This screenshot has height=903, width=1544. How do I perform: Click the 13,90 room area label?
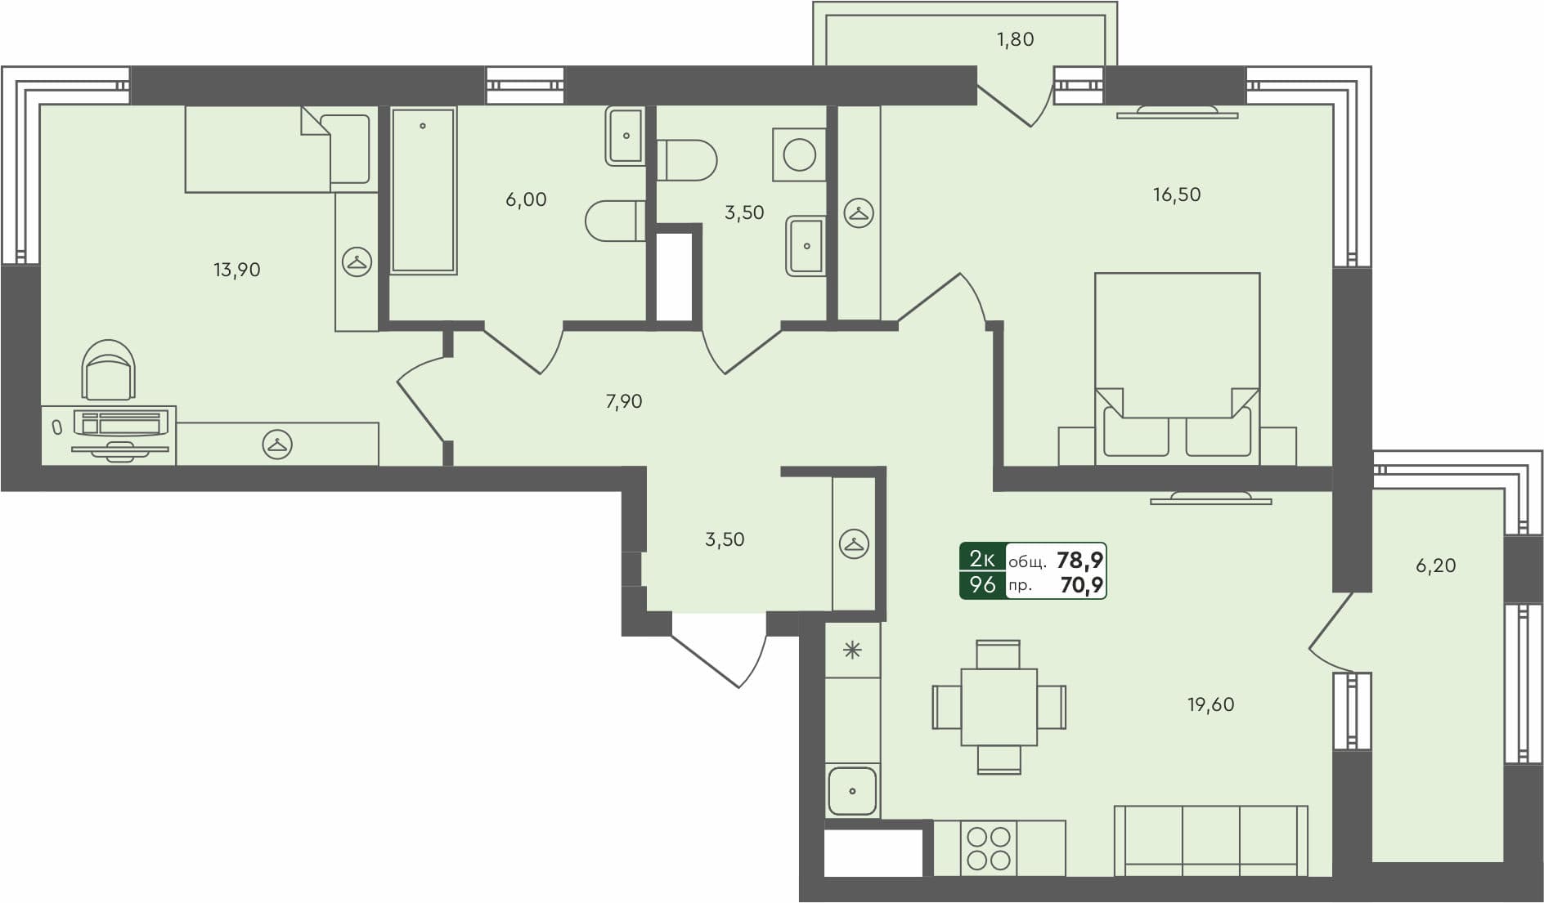236,270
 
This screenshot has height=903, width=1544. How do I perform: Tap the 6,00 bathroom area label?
526,199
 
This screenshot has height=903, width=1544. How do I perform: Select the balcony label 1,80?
1015,39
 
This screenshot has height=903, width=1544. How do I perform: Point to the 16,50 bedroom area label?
1177,194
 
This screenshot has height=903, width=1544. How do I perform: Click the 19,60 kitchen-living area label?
1210,704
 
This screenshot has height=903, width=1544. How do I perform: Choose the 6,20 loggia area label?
1435,565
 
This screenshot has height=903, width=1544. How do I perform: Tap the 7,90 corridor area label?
623,401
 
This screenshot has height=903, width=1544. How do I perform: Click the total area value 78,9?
1079,560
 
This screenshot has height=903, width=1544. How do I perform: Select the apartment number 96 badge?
982,585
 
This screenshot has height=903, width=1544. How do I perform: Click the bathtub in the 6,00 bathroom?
423,190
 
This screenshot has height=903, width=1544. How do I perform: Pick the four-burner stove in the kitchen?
988,848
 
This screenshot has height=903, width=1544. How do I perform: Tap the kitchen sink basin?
852,791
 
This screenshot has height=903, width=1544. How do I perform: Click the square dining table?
999,707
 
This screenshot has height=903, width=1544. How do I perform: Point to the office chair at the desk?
108,370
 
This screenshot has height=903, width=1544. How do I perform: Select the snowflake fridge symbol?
852,650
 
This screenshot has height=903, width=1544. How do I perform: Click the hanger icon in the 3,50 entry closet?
854,543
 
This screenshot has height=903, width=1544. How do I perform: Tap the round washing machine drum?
799,154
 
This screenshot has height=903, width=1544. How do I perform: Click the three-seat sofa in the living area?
1210,840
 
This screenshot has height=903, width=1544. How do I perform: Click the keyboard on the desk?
121,424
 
